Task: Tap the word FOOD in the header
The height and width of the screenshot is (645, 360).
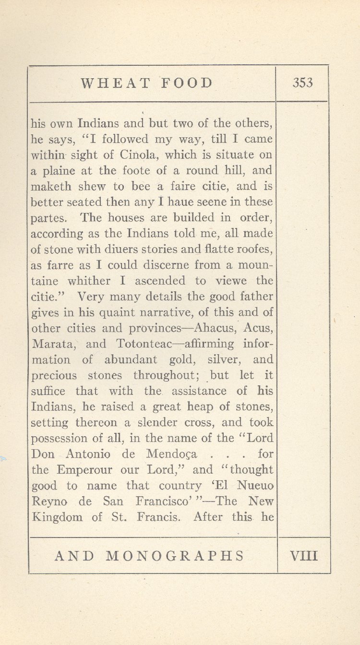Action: coord(186,83)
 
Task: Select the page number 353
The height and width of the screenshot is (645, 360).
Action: coord(302,83)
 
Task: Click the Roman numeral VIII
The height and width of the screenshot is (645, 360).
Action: coord(304,556)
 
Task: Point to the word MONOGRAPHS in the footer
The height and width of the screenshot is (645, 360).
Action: coord(175,556)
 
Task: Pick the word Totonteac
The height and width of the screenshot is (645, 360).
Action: coord(141,344)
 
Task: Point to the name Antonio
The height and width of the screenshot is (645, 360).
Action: coord(88,454)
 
